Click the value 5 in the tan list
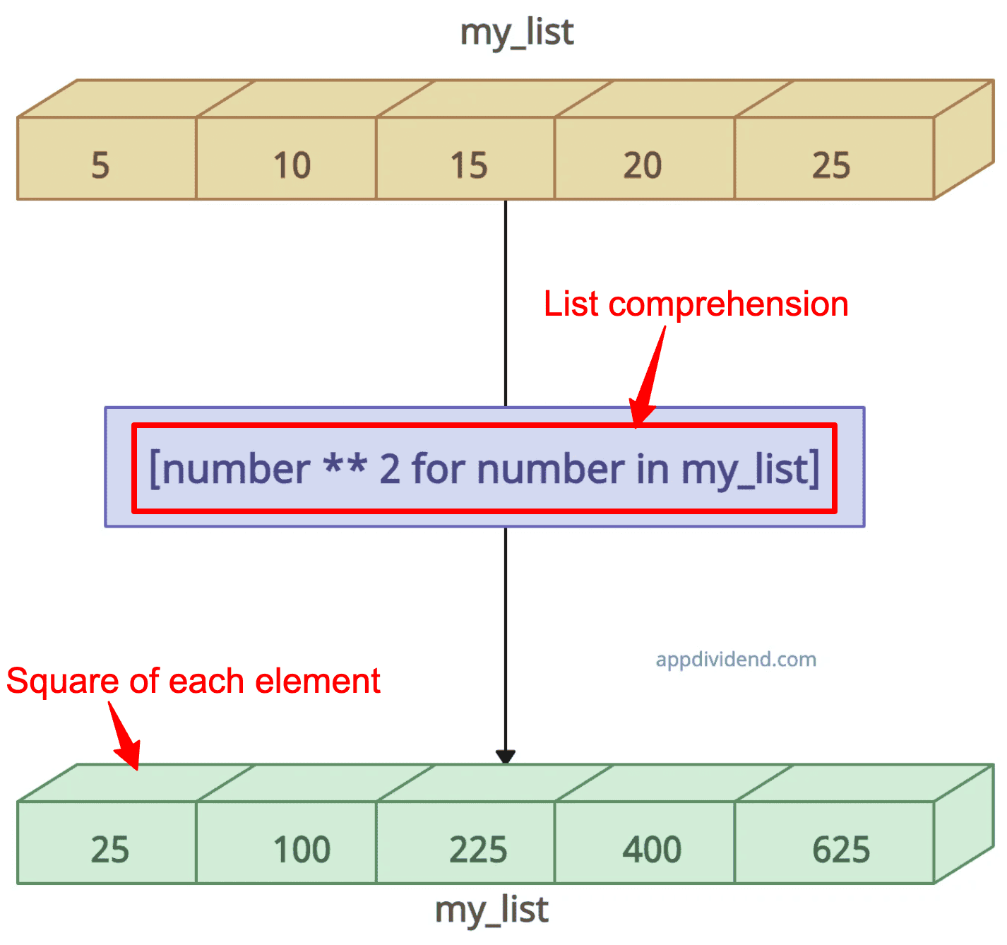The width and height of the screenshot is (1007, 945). [100, 165]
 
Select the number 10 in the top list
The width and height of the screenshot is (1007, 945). [292, 165]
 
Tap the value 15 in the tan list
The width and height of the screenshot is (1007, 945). [469, 165]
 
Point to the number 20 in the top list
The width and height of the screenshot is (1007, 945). [643, 165]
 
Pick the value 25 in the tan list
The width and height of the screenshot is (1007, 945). [831, 165]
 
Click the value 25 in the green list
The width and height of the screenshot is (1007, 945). [110, 850]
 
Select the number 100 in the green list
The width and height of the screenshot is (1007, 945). [302, 850]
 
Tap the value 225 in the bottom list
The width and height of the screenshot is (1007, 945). [478, 850]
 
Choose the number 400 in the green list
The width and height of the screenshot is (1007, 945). [652, 850]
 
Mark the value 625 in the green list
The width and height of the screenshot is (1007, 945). [841, 850]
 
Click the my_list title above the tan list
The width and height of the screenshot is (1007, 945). [517, 33]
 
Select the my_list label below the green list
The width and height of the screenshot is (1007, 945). [491, 910]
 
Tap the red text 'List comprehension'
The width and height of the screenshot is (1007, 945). [696, 304]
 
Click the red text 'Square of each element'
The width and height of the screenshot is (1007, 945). [193, 682]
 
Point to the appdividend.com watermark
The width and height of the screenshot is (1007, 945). [737, 660]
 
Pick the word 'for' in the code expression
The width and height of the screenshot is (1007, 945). [438, 469]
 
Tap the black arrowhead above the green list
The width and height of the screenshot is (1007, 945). [505, 757]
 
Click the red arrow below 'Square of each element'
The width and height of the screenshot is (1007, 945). [125, 735]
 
